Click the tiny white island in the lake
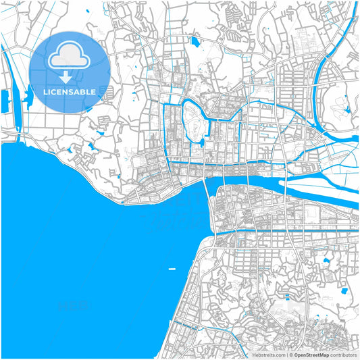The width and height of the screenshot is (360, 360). point(172,269)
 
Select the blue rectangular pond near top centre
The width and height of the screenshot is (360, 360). point(195,42)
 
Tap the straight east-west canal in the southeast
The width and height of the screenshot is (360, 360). point(290,232)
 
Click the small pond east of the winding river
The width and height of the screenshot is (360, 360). point(347,108)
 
